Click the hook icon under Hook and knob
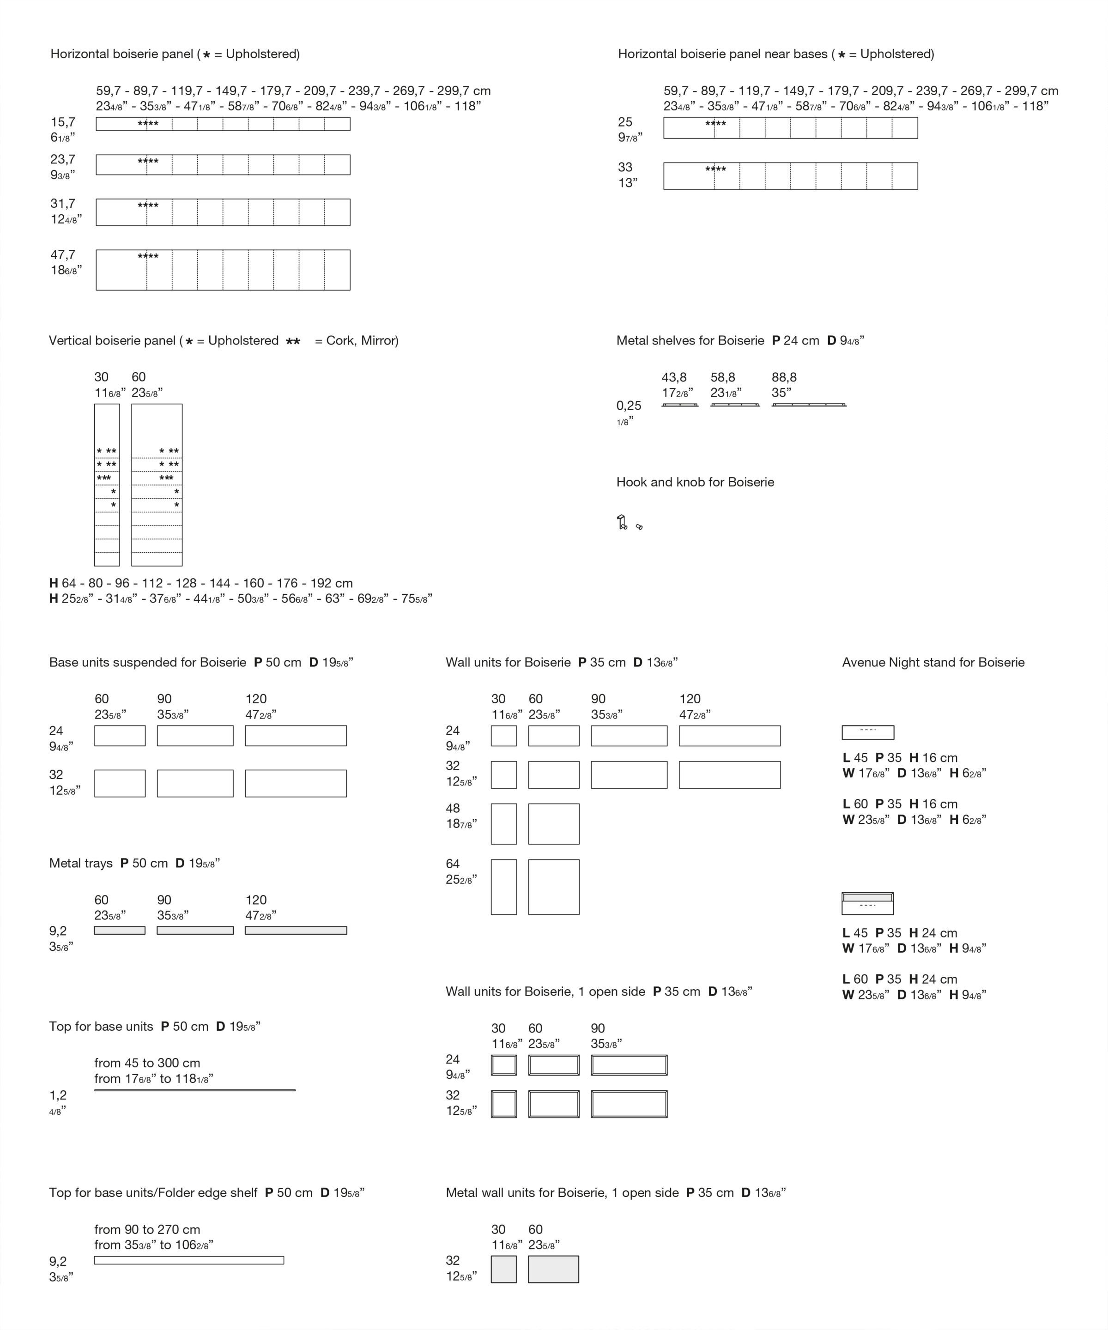pos(622,522)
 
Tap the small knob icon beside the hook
pos(639,526)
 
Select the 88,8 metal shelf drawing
pos(809,405)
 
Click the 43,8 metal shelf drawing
pos(680,405)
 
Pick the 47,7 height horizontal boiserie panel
pos(223,270)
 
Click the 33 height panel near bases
pos(791,176)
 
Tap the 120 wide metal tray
pos(296,931)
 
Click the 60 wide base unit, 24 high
pos(120,736)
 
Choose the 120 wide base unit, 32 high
pos(296,783)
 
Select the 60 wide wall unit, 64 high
pos(554,887)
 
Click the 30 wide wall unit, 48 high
pos(503,824)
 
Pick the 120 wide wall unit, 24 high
pos(730,736)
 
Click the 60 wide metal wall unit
pos(554,1269)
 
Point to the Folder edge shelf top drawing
pos(189,1260)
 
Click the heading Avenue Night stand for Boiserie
pos(933,663)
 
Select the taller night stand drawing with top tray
pos(868,903)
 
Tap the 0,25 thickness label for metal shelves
pos(629,406)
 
